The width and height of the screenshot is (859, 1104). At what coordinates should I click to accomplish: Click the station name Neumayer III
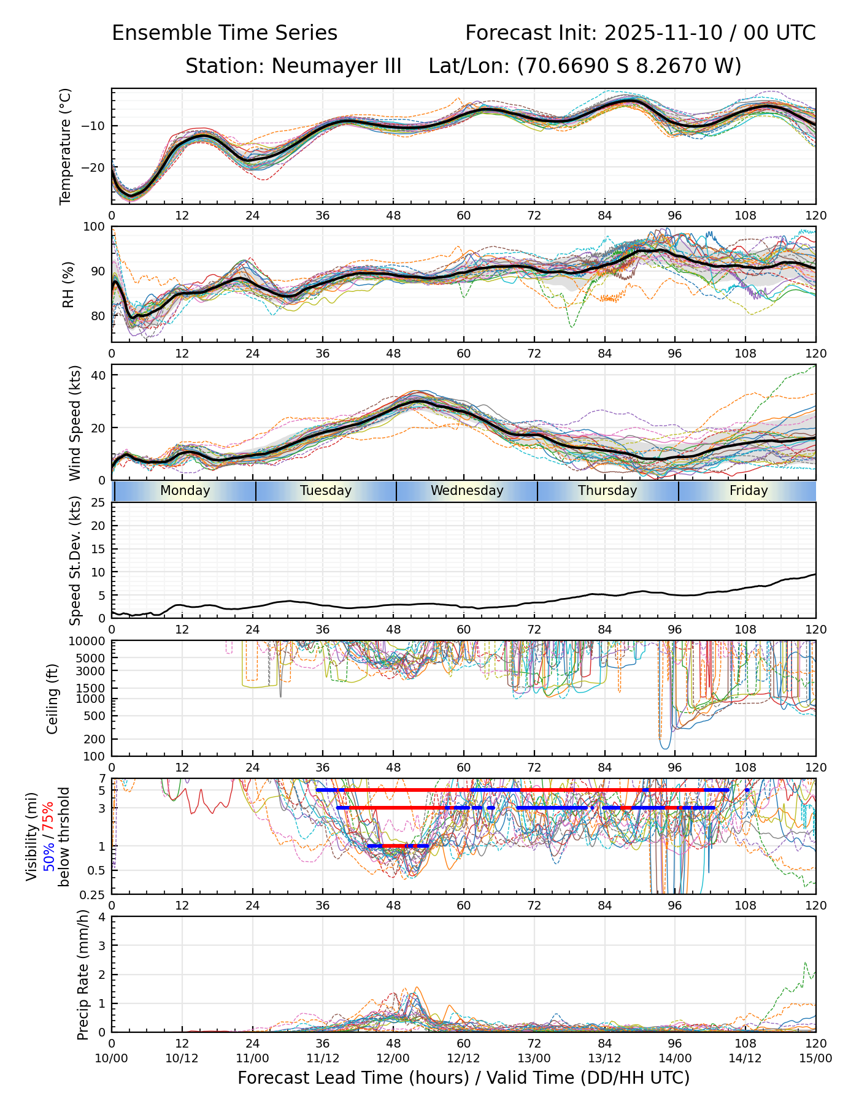tap(336, 66)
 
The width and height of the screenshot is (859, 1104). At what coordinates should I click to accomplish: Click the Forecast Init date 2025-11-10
tap(663, 33)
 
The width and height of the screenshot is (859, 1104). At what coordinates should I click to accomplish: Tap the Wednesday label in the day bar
tap(467, 491)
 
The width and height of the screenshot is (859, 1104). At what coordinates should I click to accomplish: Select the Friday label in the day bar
tap(749, 491)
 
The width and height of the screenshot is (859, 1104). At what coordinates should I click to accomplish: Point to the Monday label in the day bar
tap(185, 491)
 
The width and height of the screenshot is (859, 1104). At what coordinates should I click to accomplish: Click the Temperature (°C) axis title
tap(66, 146)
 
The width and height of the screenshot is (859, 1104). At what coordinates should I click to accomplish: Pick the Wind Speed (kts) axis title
tap(75, 423)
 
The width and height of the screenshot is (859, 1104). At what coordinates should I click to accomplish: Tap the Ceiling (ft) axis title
tap(53, 699)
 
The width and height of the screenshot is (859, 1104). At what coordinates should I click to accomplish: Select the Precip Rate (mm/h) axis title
tap(83, 974)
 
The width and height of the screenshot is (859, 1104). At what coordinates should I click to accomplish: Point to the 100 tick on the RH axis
tap(94, 227)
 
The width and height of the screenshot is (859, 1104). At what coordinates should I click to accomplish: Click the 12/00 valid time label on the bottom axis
tap(393, 1058)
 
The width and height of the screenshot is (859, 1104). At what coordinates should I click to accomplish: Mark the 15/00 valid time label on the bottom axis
tap(815, 1058)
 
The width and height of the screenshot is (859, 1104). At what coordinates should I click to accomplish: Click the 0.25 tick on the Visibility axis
tap(94, 894)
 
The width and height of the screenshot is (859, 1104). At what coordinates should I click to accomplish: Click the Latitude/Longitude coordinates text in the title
tap(585, 66)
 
